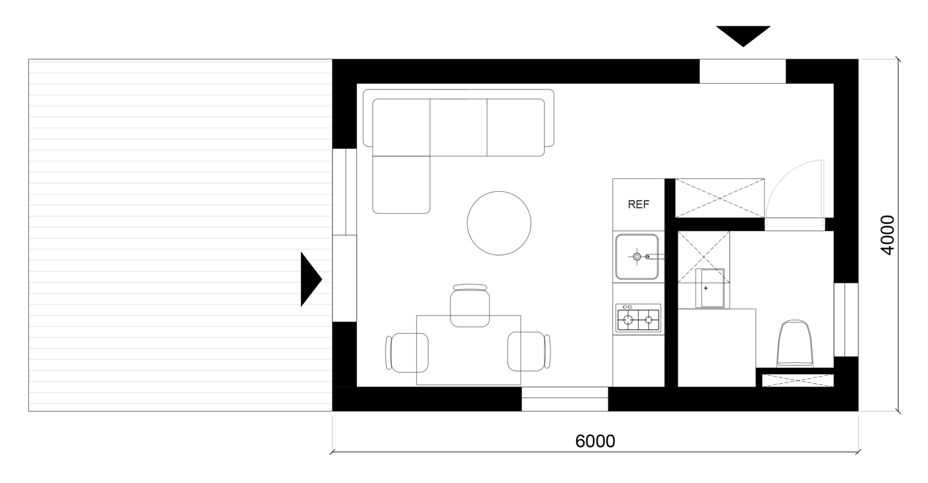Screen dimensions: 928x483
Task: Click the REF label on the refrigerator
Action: tap(639, 204)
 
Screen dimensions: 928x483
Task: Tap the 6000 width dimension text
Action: tap(595, 441)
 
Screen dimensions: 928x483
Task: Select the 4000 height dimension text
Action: tap(887, 235)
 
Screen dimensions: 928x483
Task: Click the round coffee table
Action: tap(499, 223)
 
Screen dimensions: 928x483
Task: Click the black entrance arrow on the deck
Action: tap(311, 279)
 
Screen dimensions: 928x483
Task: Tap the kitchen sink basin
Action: tap(637, 256)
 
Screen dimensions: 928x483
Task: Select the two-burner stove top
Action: tap(638, 318)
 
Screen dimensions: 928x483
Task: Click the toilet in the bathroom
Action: tap(795, 343)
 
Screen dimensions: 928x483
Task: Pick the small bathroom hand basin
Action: tap(710, 288)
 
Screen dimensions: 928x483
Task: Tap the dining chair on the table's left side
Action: tap(407, 352)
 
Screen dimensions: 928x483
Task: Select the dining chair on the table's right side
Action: tap(529, 352)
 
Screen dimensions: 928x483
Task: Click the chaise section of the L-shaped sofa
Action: tap(401, 185)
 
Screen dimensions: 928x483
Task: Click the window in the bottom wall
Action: tap(565, 399)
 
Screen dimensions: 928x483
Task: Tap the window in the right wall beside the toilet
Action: tap(846, 320)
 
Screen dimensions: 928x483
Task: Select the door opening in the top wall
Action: tap(743, 71)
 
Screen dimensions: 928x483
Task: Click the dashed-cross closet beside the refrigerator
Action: tap(720, 198)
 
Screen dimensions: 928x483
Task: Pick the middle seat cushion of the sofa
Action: tap(458, 128)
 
